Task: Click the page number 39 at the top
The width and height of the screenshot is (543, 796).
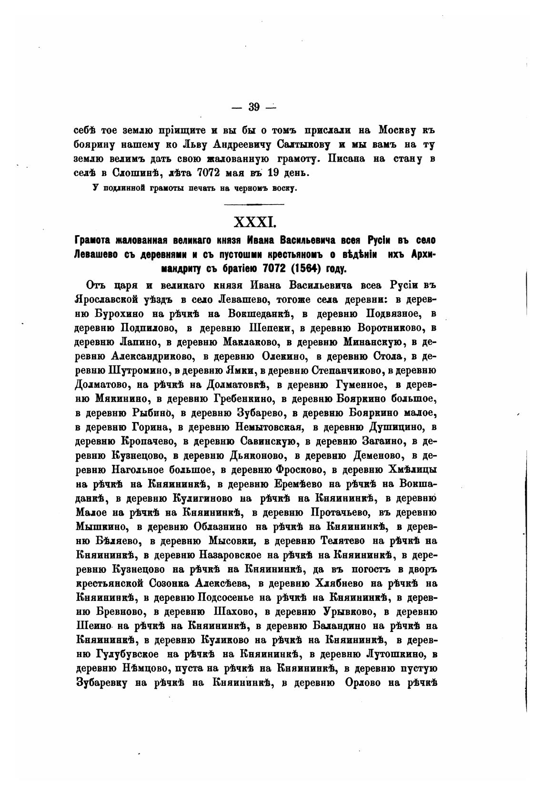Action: tap(253, 107)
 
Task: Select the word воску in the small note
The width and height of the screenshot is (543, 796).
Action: tap(284, 188)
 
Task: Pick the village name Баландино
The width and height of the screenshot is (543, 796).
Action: tap(346, 626)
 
